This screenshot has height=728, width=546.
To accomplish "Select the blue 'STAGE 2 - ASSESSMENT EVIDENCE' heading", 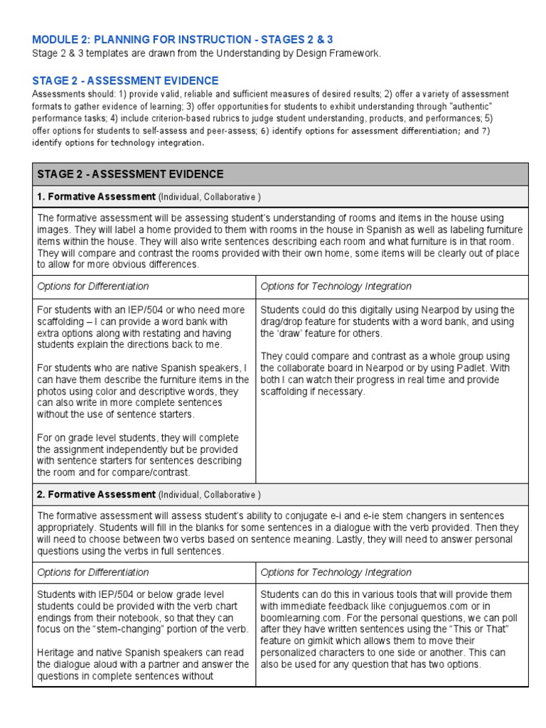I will click(x=125, y=81).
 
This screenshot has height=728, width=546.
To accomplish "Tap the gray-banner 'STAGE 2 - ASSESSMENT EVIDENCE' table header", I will click(x=130, y=174).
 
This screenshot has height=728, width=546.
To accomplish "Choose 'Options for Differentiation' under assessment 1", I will click(x=93, y=287).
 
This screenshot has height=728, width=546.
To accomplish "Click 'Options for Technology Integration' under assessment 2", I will click(x=336, y=572).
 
